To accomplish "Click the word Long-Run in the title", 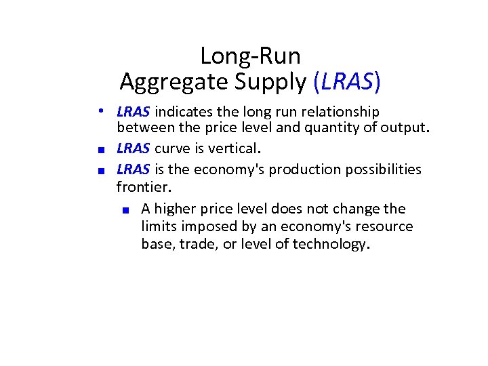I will click(x=250, y=56).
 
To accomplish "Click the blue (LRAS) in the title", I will click(x=347, y=81).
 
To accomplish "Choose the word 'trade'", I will click(x=196, y=244).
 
